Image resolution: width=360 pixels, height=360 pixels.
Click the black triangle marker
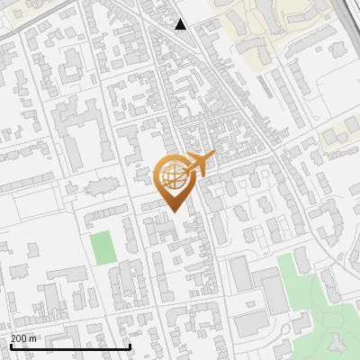pos(181,24)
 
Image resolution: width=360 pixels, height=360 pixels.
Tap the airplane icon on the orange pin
pos(199,163)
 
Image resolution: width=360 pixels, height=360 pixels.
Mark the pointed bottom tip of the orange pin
pos(174,211)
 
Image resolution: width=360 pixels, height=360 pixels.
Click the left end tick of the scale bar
pos(10,346)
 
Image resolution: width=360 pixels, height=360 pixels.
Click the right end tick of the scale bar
pos(130,346)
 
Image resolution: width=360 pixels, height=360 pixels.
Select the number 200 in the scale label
pos(19,338)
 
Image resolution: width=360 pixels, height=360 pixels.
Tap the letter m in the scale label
pos(32,338)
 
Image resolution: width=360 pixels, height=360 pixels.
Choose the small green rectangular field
pos(102,247)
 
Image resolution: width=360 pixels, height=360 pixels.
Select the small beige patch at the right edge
pos(331,137)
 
